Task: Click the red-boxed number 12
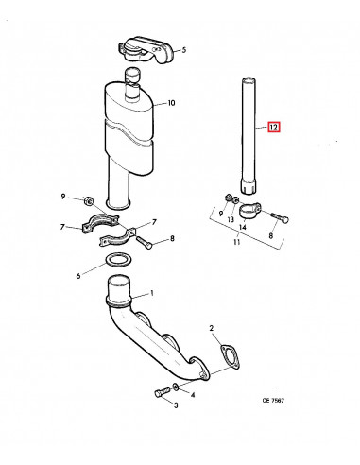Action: pos(273,127)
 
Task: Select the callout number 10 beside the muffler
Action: pos(171,104)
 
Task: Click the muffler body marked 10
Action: pos(129,123)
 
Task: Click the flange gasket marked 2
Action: pos(224,359)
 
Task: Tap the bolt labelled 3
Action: pos(159,391)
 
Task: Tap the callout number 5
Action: pos(183,49)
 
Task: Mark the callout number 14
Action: pos(243,227)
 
